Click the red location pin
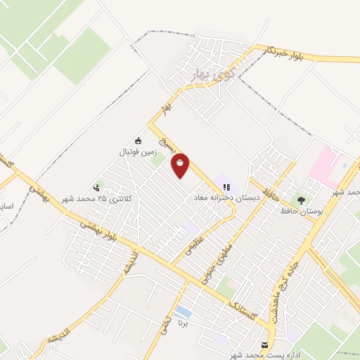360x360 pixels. [x=181, y=166]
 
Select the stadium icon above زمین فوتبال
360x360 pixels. [x=139, y=141]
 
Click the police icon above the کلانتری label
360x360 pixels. [x=96, y=188]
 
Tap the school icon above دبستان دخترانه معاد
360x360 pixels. [x=226, y=187]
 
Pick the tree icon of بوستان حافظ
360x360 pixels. [x=302, y=200]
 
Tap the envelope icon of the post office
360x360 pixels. [x=264, y=345]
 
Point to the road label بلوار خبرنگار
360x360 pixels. [x=290, y=56]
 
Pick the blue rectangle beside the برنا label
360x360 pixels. [x=183, y=311]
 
